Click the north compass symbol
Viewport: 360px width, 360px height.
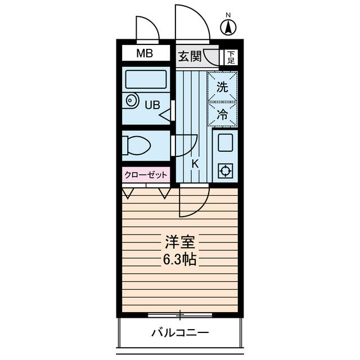(228, 26)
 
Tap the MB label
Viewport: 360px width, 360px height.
(146, 55)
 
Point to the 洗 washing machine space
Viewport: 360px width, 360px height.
(222, 87)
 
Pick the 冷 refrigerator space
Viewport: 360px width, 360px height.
(222, 115)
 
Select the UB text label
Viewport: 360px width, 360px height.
(152, 105)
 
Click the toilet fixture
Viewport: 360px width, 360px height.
(137, 145)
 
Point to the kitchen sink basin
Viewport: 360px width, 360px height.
(225, 142)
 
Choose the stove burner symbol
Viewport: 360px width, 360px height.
(225, 170)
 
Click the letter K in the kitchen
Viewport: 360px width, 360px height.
(195, 164)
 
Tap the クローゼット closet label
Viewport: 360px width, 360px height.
(146, 175)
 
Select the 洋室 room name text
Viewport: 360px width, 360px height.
(179, 244)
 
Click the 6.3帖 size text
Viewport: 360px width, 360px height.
(179, 260)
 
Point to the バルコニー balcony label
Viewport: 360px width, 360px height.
(179, 332)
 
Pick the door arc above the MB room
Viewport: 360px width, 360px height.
(147, 29)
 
